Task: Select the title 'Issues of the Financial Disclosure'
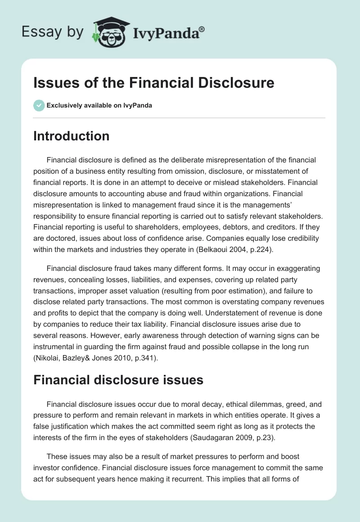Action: tap(153, 83)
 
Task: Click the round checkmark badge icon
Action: tap(39, 105)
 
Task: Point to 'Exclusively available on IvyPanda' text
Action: tap(99, 105)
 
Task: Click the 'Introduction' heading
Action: tap(71, 136)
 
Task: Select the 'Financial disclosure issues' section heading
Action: tap(118, 380)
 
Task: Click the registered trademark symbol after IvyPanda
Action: tap(202, 29)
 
